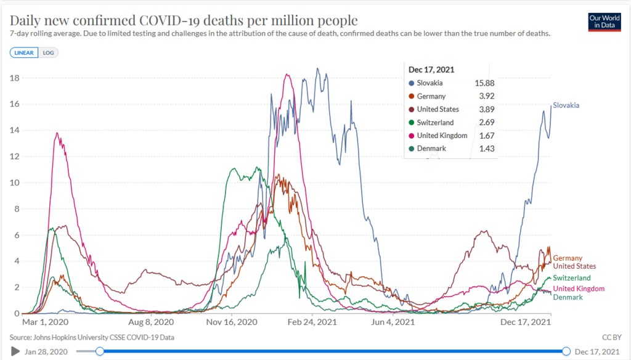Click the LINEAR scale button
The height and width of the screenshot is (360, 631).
[x=24, y=53]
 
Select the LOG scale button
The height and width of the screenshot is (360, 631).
[x=48, y=53]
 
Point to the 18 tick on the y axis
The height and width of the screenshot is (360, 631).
[x=15, y=78]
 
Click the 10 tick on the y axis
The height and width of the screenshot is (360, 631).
[x=15, y=182]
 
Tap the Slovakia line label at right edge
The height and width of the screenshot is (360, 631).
[x=566, y=105]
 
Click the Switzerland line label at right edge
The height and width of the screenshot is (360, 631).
[x=571, y=278]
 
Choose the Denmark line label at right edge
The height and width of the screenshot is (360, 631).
[x=568, y=297]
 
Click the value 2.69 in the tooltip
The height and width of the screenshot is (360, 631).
[x=486, y=123]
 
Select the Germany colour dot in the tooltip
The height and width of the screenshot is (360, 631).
[x=412, y=97]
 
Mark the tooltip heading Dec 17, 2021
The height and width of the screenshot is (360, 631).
[x=431, y=70]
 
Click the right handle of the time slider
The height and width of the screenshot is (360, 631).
[x=566, y=351]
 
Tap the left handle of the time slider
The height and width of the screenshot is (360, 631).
[x=100, y=351]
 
